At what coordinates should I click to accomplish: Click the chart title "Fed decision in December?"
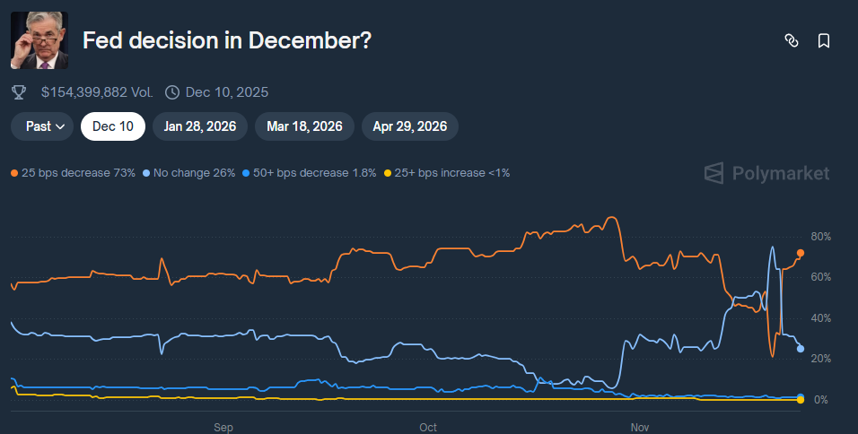click(x=227, y=41)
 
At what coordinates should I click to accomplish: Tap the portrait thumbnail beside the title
click(x=39, y=41)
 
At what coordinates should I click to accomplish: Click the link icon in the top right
click(x=792, y=40)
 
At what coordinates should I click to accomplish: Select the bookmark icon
click(x=824, y=40)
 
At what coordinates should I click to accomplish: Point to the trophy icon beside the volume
click(x=19, y=92)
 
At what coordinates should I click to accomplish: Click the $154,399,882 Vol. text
click(x=97, y=92)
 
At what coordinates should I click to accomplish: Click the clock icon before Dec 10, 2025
click(x=171, y=92)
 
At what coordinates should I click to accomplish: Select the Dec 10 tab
click(x=113, y=126)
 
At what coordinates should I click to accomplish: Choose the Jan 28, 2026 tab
click(x=200, y=126)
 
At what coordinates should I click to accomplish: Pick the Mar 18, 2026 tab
click(x=304, y=126)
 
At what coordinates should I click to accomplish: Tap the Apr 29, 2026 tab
click(x=410, y=126)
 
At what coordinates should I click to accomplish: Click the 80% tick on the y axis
click(x=820, y=237)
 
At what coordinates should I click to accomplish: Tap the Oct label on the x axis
click(x=428, y=427)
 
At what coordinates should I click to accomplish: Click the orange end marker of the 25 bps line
click(x=801, y=253)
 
